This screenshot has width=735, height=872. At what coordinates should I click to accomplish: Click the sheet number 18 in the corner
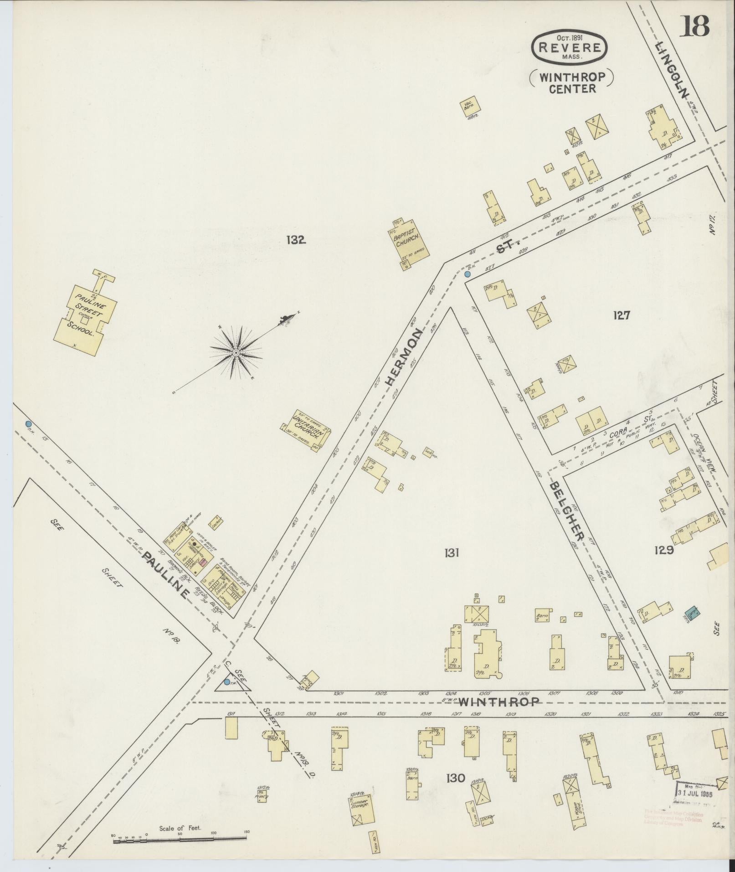695,26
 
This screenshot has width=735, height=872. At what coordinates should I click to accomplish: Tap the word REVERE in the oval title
569,47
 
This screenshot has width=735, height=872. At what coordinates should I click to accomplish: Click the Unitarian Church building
305,430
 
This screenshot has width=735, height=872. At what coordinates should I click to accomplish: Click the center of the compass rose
236,353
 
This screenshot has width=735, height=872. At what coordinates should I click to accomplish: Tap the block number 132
295,240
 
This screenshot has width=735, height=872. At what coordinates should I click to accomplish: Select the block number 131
451,553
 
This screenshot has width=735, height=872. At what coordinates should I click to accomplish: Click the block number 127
621,315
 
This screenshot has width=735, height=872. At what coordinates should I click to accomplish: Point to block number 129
663,550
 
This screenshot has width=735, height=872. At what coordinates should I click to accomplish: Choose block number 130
456,778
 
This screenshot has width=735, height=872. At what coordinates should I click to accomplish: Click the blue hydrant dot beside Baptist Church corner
468,274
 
